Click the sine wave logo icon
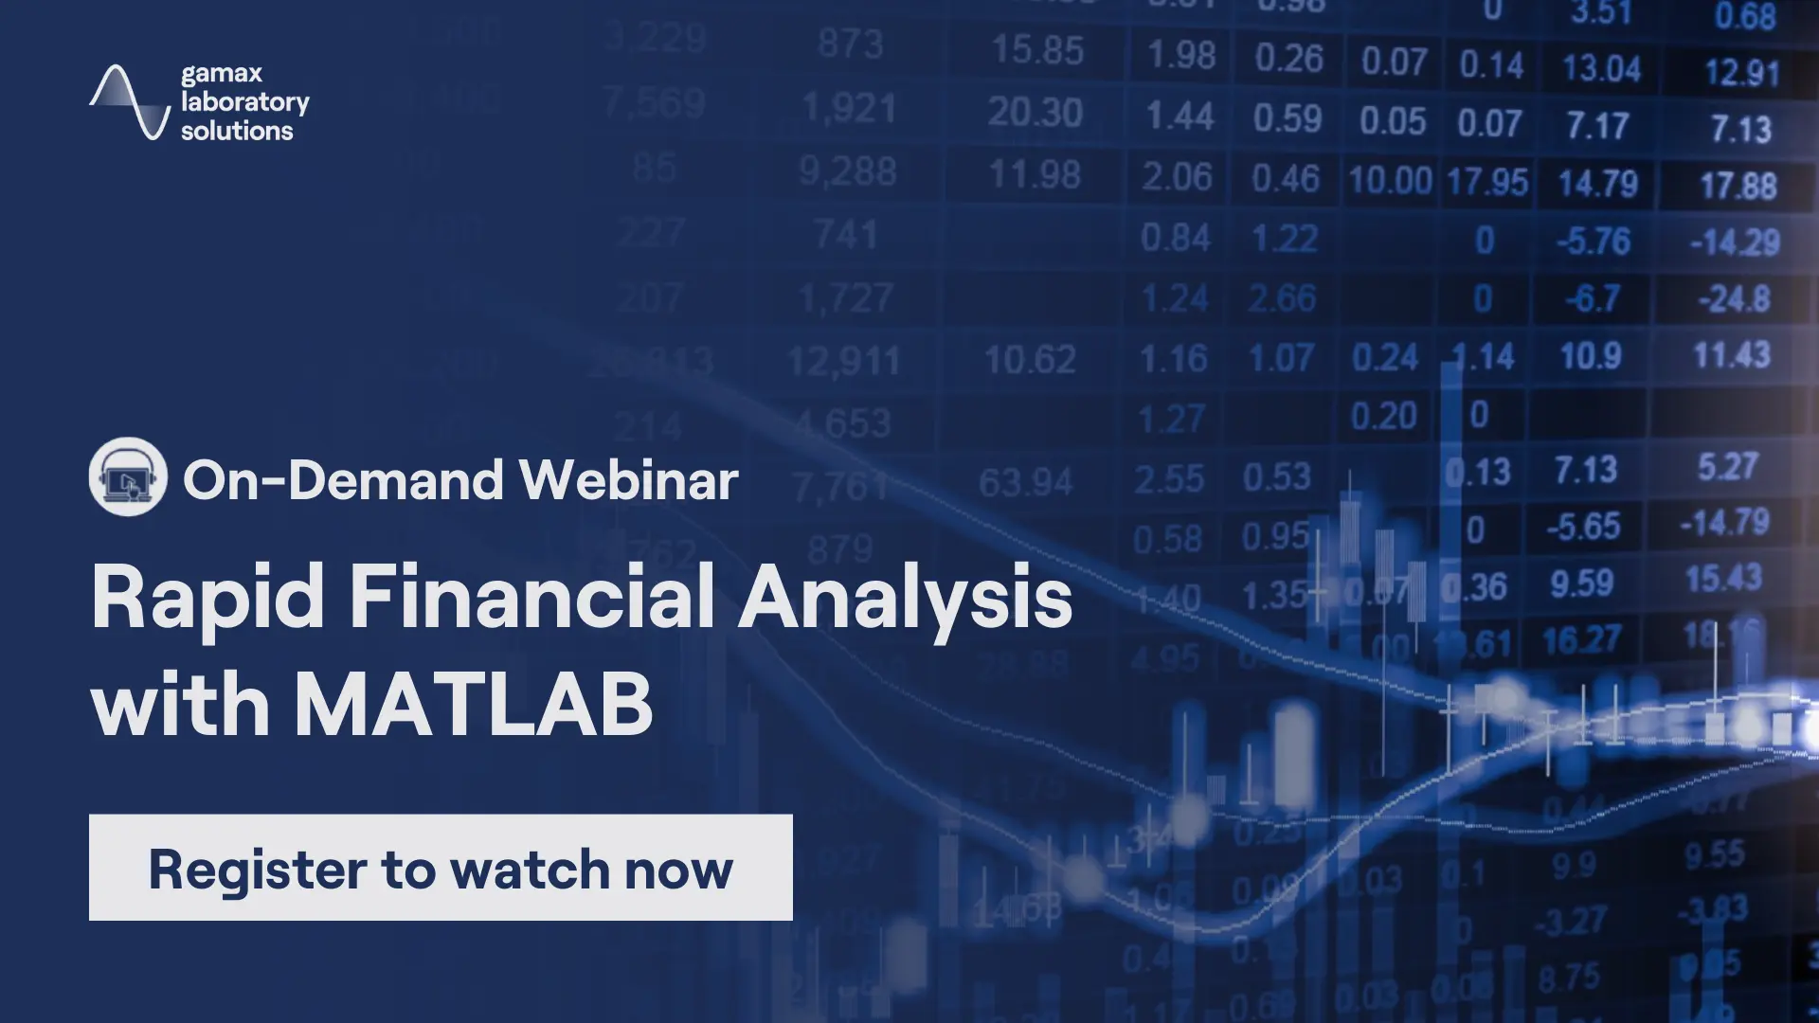[130, 102]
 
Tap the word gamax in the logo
[222, 74]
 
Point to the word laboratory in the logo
[244, 102]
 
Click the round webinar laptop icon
[128, 476]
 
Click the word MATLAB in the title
[473, 705]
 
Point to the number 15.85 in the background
[1036, 50]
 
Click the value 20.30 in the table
[1035, 114]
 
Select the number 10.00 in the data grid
[1390, 180]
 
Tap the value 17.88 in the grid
[1738, 186]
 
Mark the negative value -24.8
[1734, 299]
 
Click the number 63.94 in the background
[1025, 483]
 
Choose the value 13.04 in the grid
[1601, 68]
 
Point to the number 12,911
[843, 361]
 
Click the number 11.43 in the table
[1732, 355]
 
